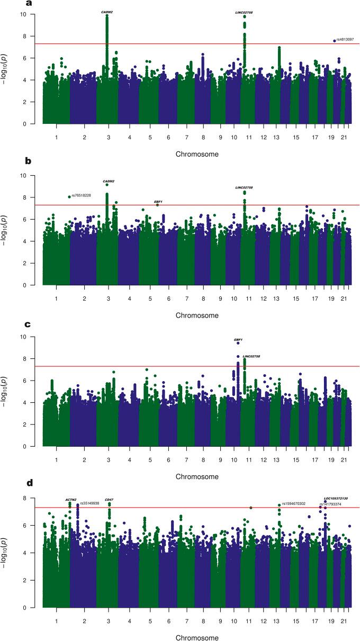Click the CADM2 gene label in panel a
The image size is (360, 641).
pyautogui.click(x=107, y=11)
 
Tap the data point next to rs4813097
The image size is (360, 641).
pyautogui.click(x=335, y=40)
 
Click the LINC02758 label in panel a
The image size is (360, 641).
pyautogui.click(x=244, y=11)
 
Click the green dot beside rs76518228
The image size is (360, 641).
pyautogui.click(x=69, y=197)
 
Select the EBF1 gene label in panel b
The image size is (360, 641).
pyautogui.click(x=158, y=202)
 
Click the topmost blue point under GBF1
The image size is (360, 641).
pyautogui.click(x=238, y=344)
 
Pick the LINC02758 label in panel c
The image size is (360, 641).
pyautogui.click(x=251, y=356)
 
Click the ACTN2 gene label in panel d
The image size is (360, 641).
pyautogui.click(x=71, y=499)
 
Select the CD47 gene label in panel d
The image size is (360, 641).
pyautogui.click(x=109, y=499)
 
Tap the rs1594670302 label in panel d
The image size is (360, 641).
pyautogui.click(x=294, y=503)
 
